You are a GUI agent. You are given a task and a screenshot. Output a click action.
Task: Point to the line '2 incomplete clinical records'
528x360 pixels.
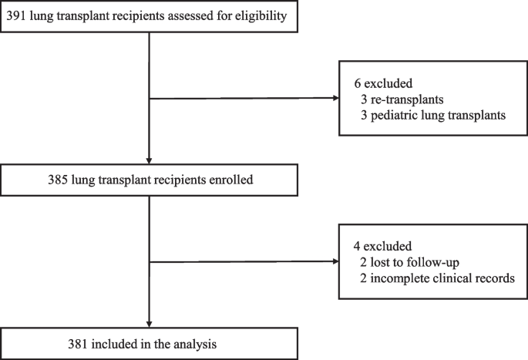[436, 279]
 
